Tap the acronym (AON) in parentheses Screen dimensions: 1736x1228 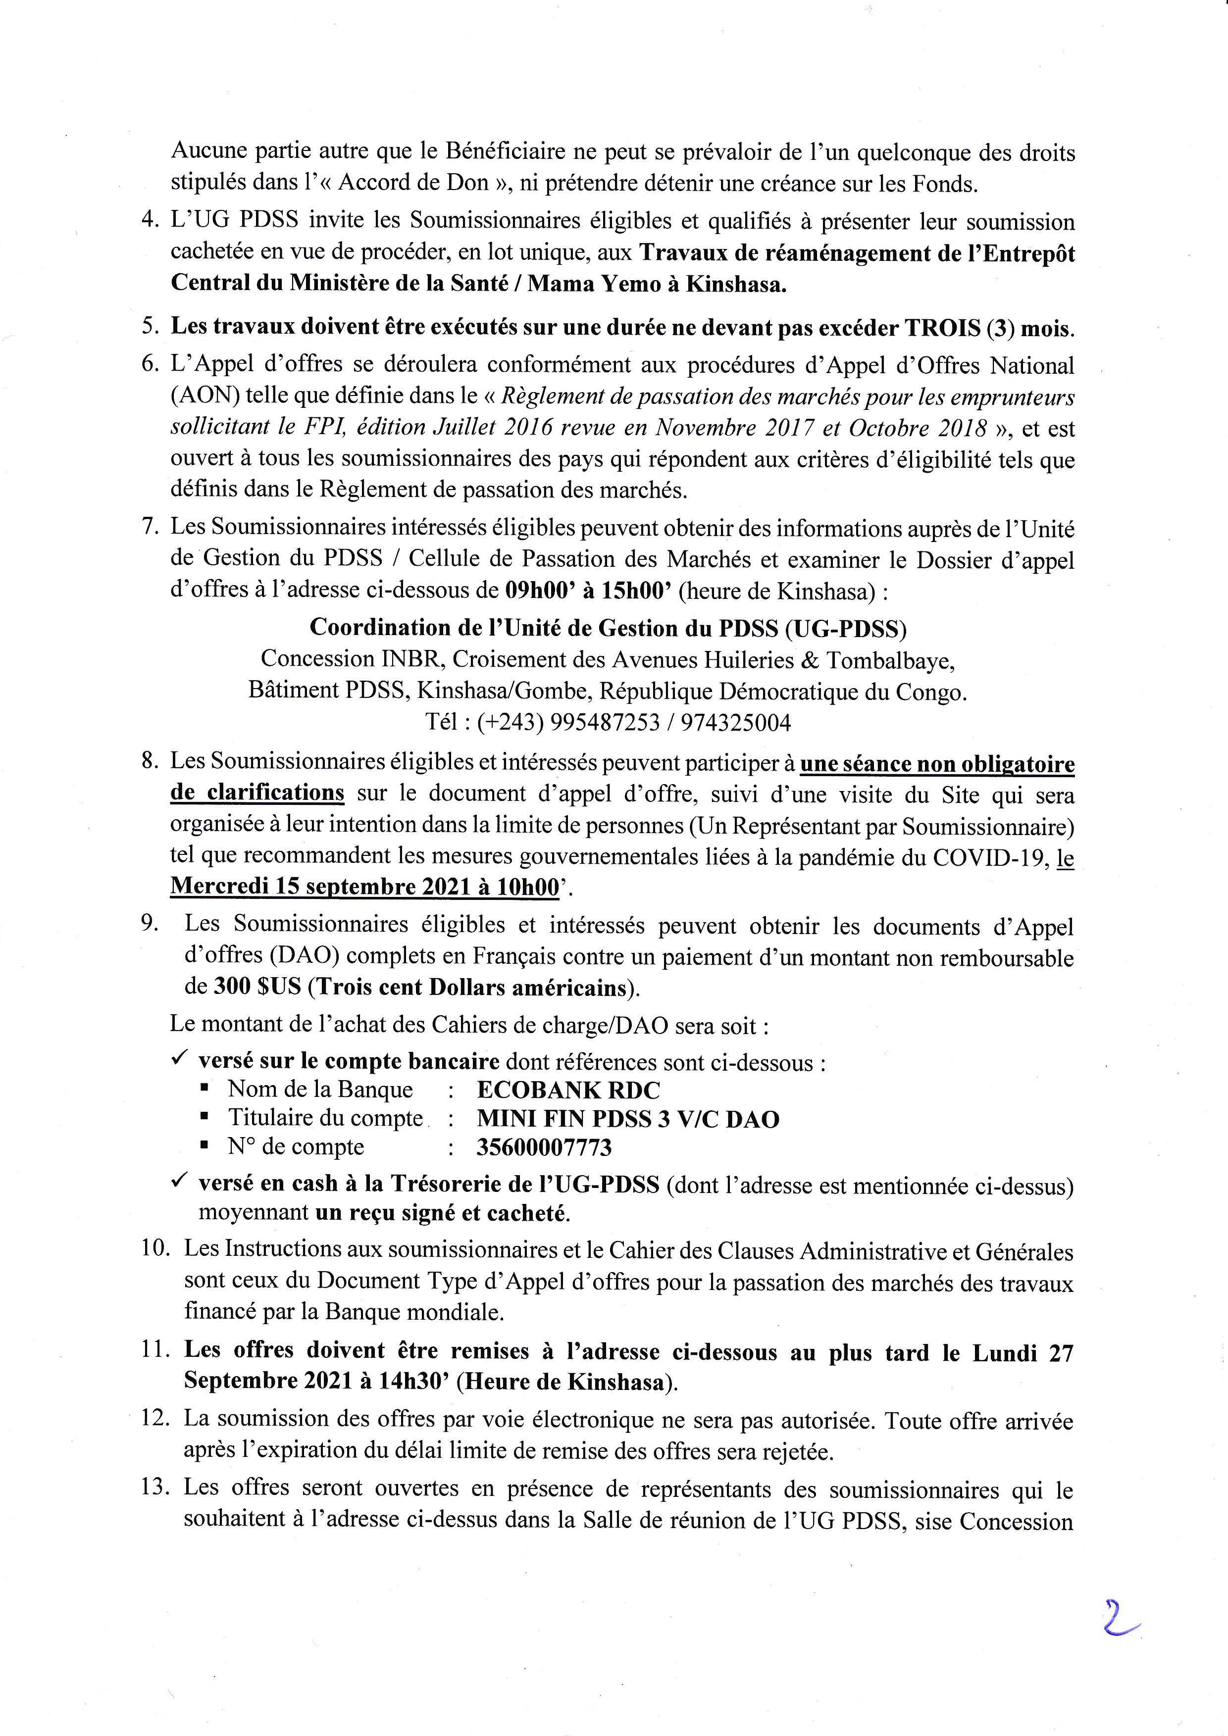[202, 396]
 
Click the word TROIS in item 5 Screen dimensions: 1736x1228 [941, 327]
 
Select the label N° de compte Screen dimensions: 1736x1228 [296, 1147]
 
